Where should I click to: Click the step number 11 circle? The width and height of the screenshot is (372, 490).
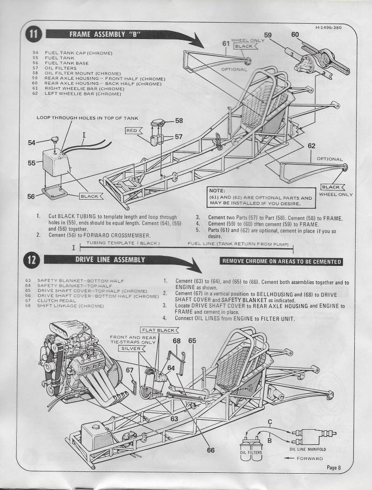pyautogui.click(x=35, y=34)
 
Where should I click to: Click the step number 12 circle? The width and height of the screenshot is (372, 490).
pyautogui.click(x=35, y=260)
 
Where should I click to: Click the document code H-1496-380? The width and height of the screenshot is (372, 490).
pyautogui.click(x=329, y=27)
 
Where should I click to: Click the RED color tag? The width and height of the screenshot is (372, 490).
pyautogui.click(x=132, y=131)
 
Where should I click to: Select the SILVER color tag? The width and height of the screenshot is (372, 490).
pyautogui.click(x=130, y=348)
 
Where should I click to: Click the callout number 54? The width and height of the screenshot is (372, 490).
pyautogui.click(x=31, y=142)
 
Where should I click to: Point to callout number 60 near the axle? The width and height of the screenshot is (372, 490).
pyautogui.click(x=295, y=34)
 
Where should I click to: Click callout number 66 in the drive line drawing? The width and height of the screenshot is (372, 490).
pyautogui.click(x=210, y=450)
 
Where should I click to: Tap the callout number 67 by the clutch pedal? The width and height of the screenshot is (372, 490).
pyautogui.click(x=130, y=370)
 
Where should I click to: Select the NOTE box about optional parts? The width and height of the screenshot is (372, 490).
pyautogui.click(x=261, y=197)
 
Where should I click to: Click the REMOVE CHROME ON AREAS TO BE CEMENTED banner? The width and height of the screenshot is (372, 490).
pyautogui.click(x=281, y=261)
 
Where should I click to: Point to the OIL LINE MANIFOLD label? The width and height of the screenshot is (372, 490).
pyautogui.click(x=308, y=450)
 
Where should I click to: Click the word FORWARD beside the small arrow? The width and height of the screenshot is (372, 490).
pyautogui.click(x=310, y=459)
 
